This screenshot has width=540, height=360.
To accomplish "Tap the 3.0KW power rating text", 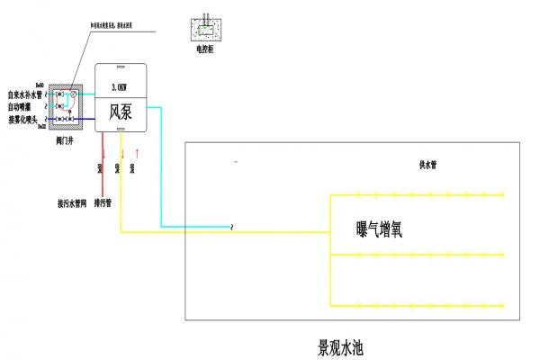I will tap(121, 88).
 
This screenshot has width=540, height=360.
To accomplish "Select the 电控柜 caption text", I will tap(207, 50).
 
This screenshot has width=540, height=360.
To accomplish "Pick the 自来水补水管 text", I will tap(26, 94).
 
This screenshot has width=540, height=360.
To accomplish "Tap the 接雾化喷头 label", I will tap(23, 119).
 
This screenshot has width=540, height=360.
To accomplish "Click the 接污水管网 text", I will tap(71, 204).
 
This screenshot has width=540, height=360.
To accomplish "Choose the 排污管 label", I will tap(103, 204).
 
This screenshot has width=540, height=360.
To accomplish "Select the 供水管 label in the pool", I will tap(428, 166).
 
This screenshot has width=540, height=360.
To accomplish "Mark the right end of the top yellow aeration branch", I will tap(503, 194).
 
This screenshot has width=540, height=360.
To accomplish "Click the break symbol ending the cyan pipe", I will tap(231, 227).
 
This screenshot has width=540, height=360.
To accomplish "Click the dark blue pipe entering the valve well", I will tap(36, 119).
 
